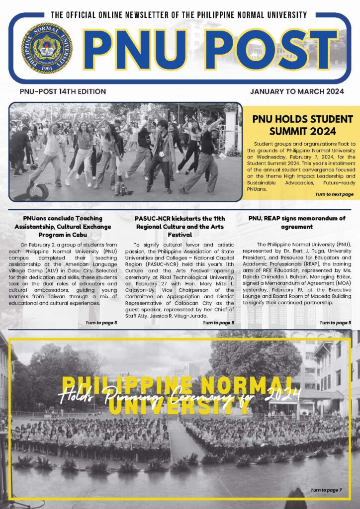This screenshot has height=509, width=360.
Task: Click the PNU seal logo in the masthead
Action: [47, 48]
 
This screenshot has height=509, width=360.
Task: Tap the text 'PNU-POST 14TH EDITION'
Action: [63, 91]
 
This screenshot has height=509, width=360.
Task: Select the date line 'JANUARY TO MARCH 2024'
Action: [297, 91]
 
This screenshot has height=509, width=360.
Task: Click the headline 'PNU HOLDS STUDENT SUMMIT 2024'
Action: [302, 125]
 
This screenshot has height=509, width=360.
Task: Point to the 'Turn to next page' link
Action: [334, 194]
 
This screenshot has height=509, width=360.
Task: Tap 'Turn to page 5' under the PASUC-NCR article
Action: [218, 323]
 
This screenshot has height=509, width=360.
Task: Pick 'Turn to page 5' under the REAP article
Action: [335, 323]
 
